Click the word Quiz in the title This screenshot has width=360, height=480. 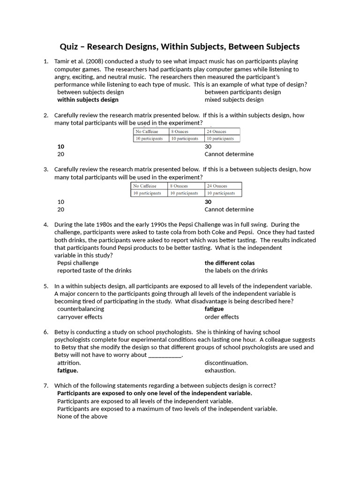(70, 46)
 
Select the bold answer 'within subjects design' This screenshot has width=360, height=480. (88, 99)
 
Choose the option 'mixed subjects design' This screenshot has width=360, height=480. (234, 99)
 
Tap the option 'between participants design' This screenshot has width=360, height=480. (242, 92)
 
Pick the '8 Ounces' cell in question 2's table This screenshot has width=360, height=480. (180, 132)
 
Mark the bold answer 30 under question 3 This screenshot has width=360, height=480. (208, 202)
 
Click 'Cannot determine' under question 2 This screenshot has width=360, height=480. (229, 154)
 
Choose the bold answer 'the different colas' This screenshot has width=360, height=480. (230, 263)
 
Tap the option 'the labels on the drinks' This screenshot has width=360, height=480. (236, 270)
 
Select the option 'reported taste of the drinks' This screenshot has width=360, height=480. (94, 270)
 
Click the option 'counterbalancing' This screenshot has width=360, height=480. (81, 309)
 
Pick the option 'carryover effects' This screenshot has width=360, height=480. (80, 317)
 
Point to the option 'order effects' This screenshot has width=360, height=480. (222, 317)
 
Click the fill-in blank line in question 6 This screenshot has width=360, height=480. (165, 355)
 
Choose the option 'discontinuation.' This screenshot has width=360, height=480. (226, 363)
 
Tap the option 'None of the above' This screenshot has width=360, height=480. (82, 416)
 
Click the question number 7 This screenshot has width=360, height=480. (46, 386)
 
